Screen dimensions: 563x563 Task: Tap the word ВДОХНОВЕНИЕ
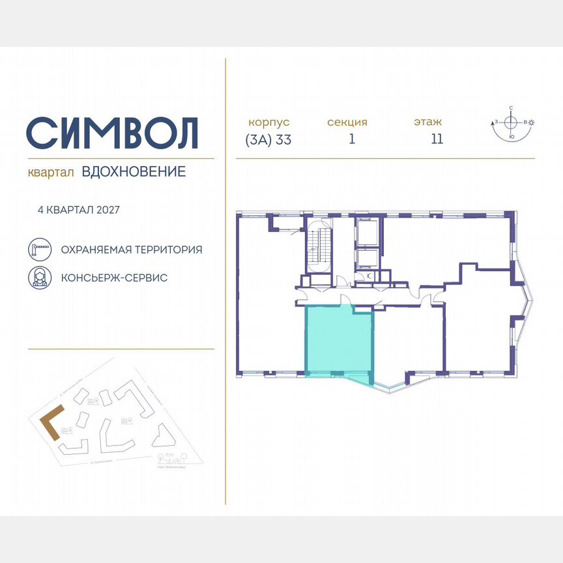134,172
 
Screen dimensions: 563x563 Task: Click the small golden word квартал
51,173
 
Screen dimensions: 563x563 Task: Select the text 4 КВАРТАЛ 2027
79,210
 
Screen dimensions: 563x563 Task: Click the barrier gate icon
40,250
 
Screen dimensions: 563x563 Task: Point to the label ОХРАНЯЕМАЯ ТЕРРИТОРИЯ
131,250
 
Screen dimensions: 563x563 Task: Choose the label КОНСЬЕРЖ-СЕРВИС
114,278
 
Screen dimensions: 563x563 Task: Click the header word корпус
268,122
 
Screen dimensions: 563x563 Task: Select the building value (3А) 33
268,139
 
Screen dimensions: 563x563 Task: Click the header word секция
347,122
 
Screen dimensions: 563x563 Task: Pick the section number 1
351,139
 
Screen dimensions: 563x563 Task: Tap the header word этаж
427,122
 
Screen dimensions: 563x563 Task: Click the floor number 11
437,139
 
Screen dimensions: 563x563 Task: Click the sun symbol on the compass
532,123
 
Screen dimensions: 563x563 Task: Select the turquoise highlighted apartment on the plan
339,342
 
